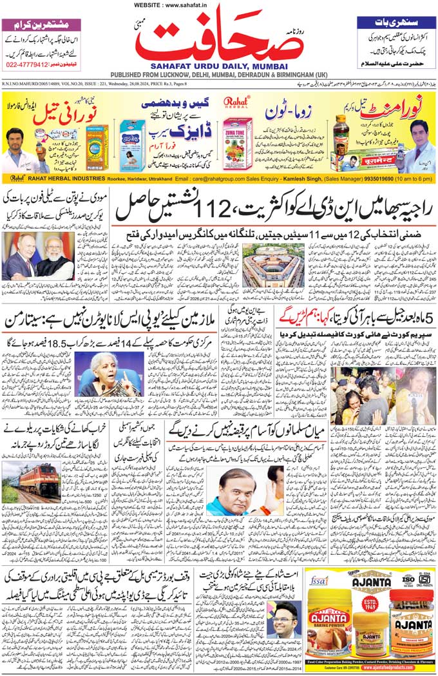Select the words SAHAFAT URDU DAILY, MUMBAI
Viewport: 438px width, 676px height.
click(x=219, y=66)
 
